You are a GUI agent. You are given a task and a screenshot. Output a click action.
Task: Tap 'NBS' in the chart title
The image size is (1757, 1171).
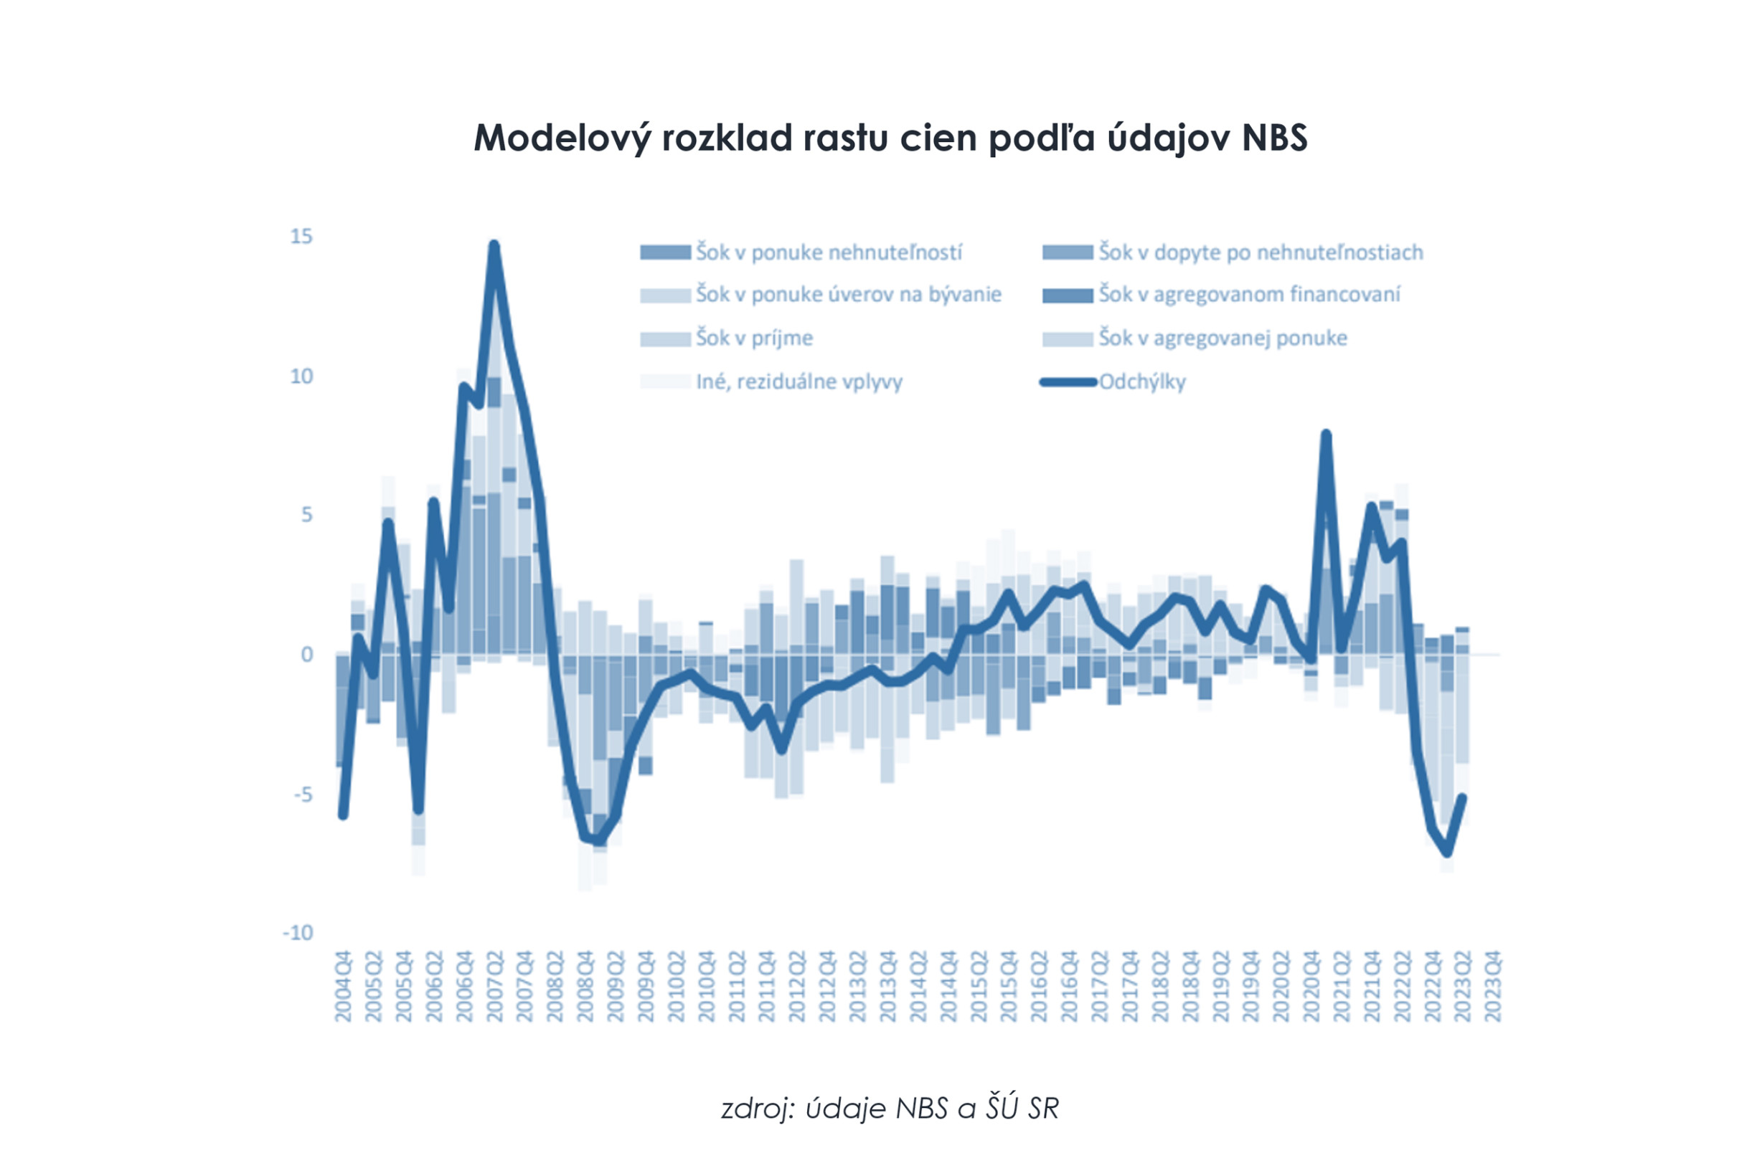[x=1274, y=138]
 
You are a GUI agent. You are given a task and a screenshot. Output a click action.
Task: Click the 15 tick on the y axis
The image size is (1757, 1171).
[x=302, y=237]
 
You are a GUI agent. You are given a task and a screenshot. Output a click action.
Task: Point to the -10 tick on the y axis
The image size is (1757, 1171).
[x=298, y=933]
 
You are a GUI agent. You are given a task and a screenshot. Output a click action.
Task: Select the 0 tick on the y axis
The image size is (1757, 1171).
[x=307, y=655]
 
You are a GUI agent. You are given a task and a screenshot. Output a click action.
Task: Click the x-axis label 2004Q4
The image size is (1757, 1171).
[x=343, y=986]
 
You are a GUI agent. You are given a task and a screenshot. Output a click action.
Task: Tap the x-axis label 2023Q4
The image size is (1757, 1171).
[x=1493, y=986]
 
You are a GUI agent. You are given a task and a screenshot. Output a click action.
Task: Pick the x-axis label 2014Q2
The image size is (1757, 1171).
[x=918, y=986]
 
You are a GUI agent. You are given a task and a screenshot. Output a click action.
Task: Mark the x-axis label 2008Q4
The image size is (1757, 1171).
[x=585, y=986]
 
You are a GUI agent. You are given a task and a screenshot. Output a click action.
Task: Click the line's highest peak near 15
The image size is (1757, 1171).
[x=494, y=246]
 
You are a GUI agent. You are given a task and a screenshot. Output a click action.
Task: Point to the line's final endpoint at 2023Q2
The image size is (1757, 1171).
[x=1463, y=797]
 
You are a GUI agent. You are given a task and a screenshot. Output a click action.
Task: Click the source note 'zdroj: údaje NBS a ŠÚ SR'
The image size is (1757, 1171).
[x=890, y=1109]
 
